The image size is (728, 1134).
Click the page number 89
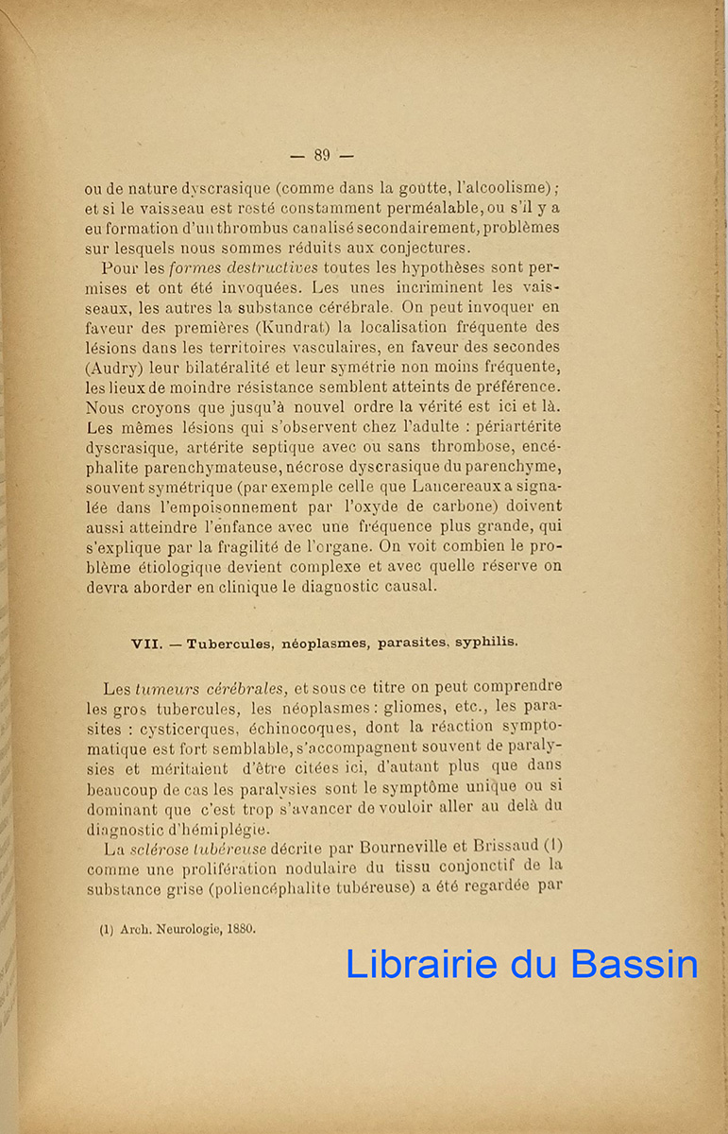pos(321,156)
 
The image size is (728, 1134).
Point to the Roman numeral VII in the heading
pos(145,644)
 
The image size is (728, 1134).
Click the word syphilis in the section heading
pos(485,643)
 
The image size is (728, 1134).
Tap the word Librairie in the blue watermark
pos(421,964)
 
